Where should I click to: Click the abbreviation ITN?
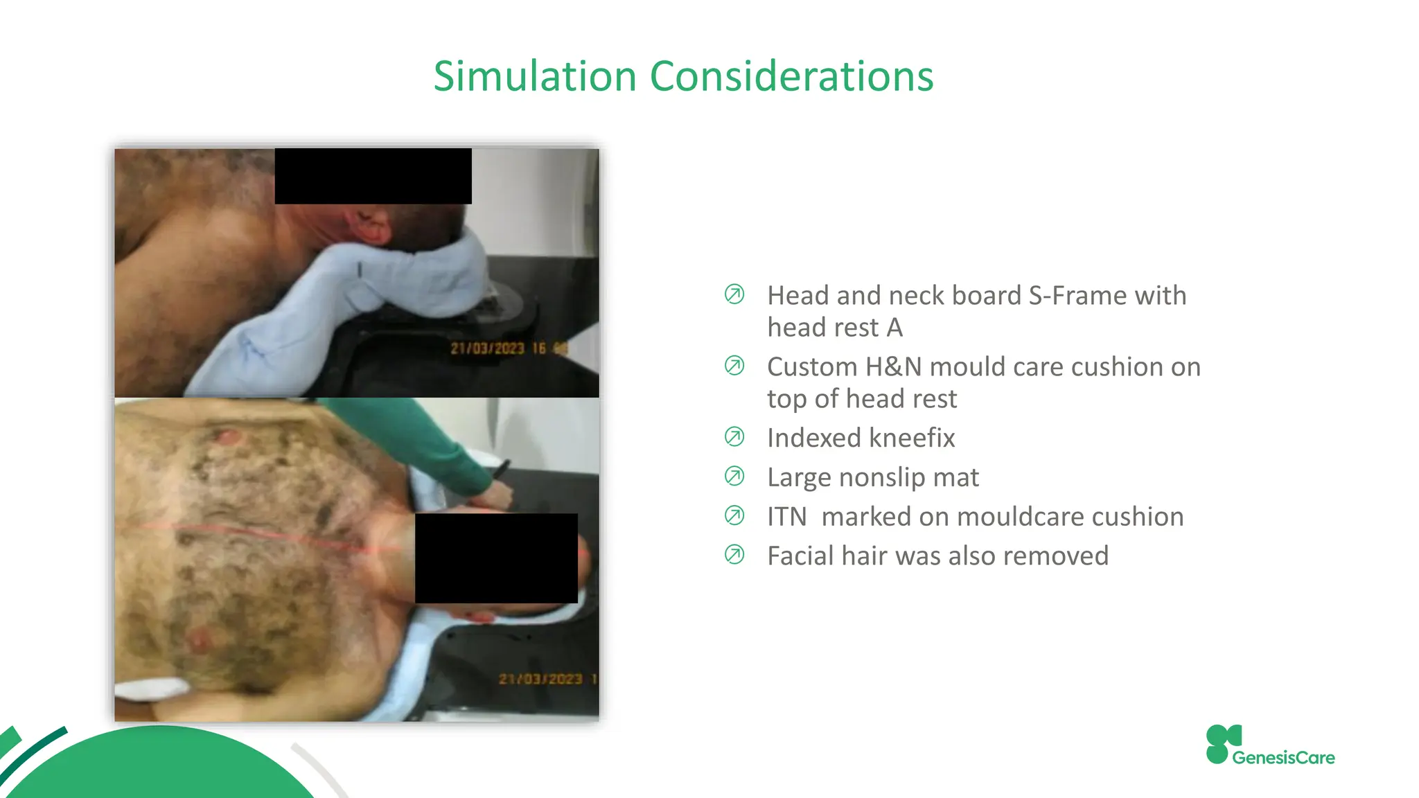[x=786, y=517]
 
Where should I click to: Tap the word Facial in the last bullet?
[x=800, y=556]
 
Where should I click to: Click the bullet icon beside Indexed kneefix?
[x=734, y=437]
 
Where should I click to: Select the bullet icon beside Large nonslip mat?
[x=734, y=477]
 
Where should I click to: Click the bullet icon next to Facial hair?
[x=734, y=555]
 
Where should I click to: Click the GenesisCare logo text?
[x=1283, y=758]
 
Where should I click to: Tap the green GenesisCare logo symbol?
[x=1222, y=745]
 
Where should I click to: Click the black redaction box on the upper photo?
[x=373, y=176]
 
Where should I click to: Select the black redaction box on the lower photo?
[x=496, y=558]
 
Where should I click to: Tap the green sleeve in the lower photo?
[x=416, y=436]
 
